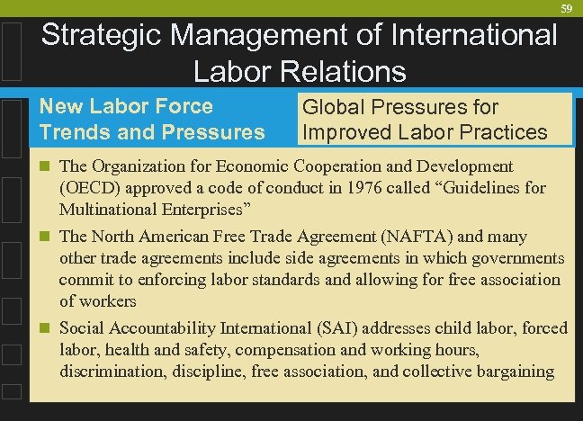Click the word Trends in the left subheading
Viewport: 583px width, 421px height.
point(73,132)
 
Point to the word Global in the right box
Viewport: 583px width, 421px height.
point(334,108)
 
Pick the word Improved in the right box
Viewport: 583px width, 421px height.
point(346,133)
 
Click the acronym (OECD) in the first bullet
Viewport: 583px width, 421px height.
point(90,189)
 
